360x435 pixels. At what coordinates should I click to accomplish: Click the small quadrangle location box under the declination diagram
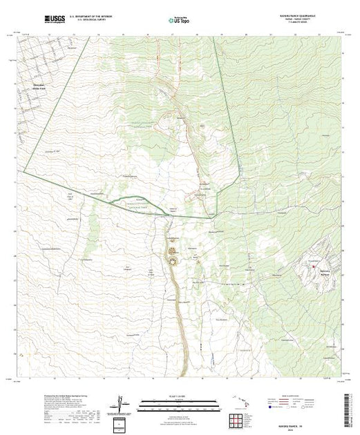click(120, 422)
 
